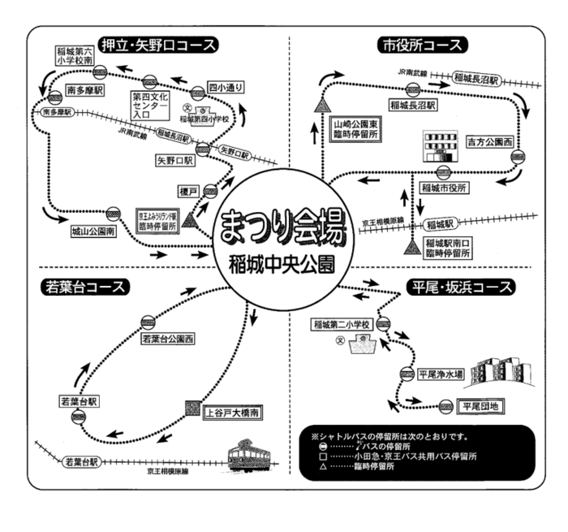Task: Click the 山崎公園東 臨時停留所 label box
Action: click(355, 131)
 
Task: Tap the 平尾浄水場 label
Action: click(441, 375)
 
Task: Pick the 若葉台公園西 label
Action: click(168, 338)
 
